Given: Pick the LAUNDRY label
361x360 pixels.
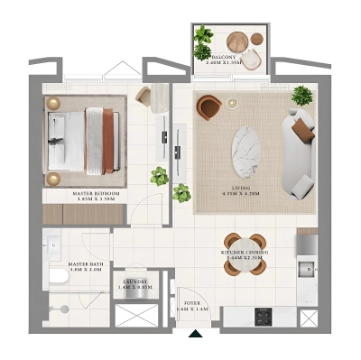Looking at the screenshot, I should click(x=134, y=283).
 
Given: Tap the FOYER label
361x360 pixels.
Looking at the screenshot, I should click(x=192, y=305).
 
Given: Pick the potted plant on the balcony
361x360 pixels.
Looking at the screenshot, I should click(x=204, y=40).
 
